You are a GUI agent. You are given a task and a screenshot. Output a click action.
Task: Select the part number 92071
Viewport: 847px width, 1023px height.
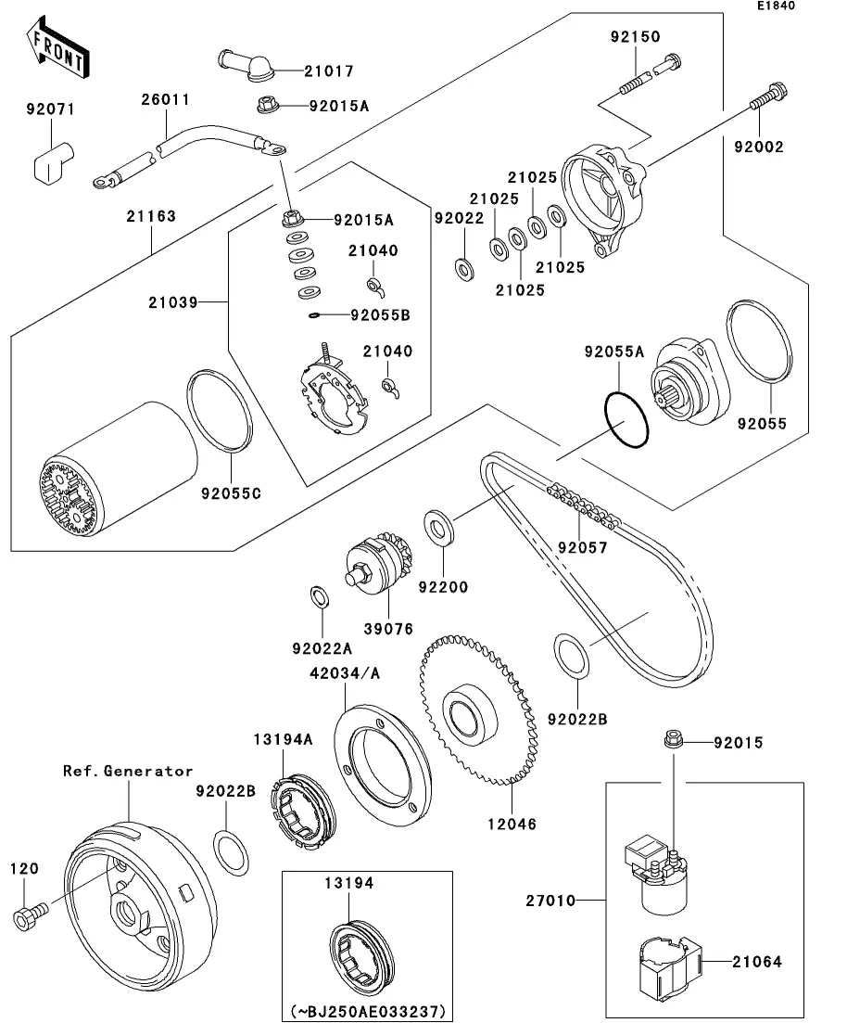pos(50,109)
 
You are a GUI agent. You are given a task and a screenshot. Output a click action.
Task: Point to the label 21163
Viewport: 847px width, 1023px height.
pos(151,216)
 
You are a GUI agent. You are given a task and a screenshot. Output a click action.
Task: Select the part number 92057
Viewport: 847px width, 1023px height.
pos(582,547)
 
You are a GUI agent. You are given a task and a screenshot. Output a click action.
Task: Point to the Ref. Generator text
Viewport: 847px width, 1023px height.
pos(128,771)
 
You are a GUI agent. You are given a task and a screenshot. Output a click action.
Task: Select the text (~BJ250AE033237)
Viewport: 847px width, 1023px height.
pos(367,1010)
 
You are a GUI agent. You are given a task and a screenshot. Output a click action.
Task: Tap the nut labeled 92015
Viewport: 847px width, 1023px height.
pos(672,740)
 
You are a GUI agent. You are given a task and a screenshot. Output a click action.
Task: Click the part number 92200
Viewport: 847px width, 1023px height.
pos(442,587)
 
